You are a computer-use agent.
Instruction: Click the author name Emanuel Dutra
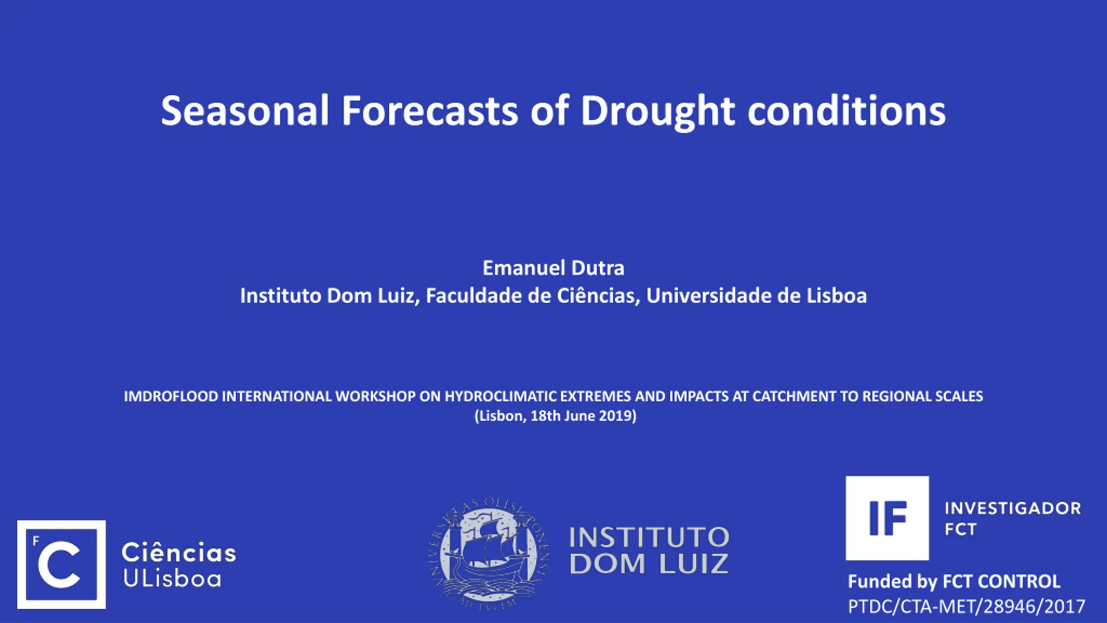click(x=553, y=268)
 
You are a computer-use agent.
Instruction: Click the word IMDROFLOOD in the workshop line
click(x=171, y=396)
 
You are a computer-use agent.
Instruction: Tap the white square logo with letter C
click(x=61, y=565)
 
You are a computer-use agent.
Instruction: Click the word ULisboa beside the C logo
click(x=172, y=578)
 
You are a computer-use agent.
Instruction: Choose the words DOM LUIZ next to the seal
click(x=649, y=564)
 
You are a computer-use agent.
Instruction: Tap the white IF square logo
click(x=887, y=518)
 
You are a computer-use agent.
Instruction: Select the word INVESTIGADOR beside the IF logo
click(x=1013, y=508)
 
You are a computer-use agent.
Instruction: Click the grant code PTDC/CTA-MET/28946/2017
click(x=966, y=607)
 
